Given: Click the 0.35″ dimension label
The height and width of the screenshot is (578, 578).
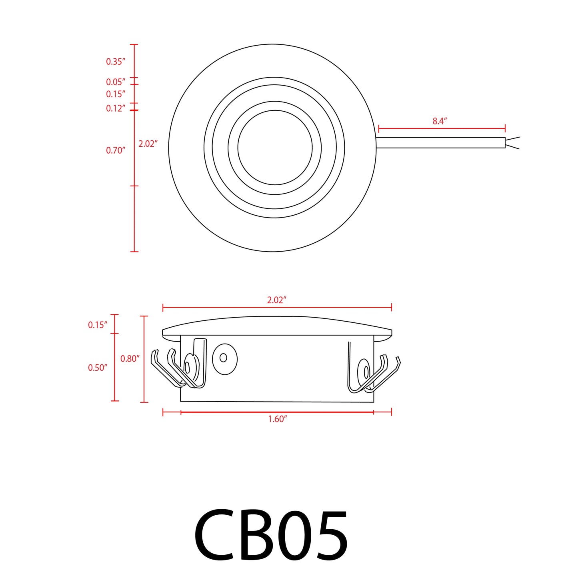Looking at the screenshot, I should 116,62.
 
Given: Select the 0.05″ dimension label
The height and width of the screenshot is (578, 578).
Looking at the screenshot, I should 116,82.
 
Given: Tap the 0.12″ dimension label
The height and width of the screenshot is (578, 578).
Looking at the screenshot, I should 116,108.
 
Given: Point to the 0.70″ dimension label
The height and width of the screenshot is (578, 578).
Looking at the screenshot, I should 116,150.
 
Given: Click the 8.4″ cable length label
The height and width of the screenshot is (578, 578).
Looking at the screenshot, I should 440,121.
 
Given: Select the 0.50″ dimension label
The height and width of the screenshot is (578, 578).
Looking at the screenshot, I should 98,368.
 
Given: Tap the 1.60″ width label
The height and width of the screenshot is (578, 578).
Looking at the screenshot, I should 278,419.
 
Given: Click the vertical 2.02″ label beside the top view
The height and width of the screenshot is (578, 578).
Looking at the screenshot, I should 148,144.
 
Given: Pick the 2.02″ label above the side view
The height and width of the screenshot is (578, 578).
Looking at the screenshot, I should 277,300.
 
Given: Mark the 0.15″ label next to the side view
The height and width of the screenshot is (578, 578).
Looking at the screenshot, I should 98,325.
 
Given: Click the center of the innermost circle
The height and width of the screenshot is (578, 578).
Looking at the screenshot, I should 275,148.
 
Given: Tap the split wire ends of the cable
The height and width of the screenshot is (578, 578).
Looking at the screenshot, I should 512,143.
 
